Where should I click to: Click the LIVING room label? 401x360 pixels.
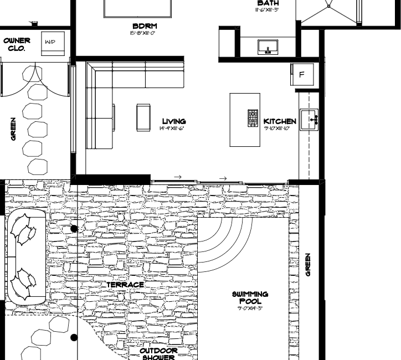pyautogui.click(x=173, y=121)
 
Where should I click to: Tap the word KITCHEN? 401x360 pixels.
pyautogui.click(x=280, y=121)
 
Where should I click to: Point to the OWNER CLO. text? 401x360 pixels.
pyautogui.click(x=17, y=44)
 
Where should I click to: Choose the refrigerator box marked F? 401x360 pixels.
pyautogui.click(x=302, y=74)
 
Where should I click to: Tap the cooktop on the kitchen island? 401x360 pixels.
pyautogui.click(x=253, y=118)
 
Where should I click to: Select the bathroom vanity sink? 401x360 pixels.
pyautogui.click(x=268, y=47)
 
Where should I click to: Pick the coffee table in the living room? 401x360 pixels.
pyautogui.click(x=143, y=118)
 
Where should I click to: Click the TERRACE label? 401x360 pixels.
pyautogui.click(x=125, y=285)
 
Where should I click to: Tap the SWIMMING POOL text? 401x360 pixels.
pyautogui.click(x=250, y=297)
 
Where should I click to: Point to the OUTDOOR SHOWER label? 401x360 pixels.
pyautogui.click(x=158, y=354)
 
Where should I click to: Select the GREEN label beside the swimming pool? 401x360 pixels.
pyautogui.click(x=308, y=265)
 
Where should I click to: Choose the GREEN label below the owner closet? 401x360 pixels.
pyautogui.click(x=13, y=128)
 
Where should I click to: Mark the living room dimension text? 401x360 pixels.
pyautogui.click(x=171, y=128)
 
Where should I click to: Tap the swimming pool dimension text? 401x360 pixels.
pyautogui.click(x=250, y=308)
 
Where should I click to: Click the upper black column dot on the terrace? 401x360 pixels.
pyautogui.click(x=74, y=228)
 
